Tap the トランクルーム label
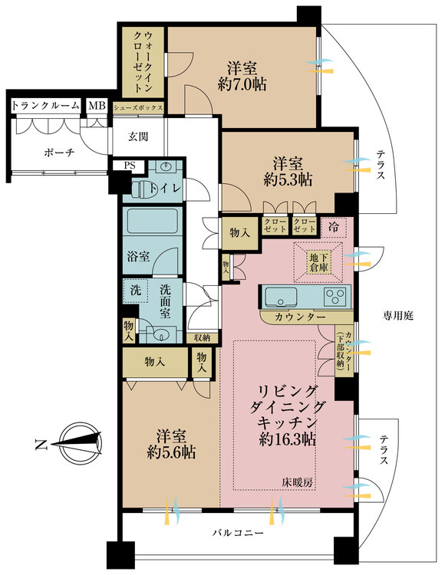pos(45,106)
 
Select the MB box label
pos(96,106)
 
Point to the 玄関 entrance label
pos(138,136)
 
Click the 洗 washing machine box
pos(134,291)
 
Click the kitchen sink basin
pos(284,296)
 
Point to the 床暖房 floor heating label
pos(298,482)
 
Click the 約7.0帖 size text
pos(242,85)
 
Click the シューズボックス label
pos(139,108)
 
